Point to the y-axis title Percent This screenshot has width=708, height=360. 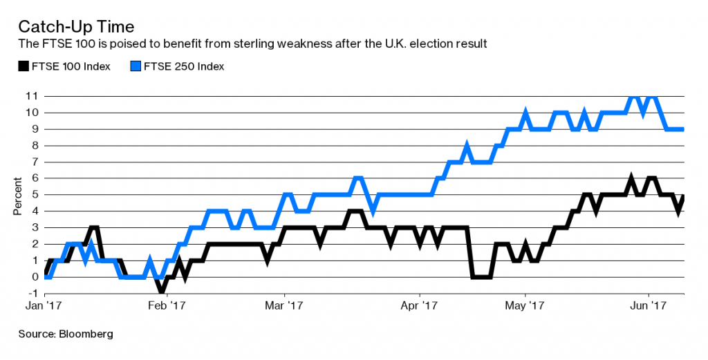click(18, 195)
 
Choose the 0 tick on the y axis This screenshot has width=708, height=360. click(34, 277)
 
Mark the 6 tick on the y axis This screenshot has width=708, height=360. click(34, 178)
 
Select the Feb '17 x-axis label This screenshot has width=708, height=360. click(168, 304)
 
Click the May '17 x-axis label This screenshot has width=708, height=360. click(526, 304)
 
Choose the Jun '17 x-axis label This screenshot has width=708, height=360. click(649, 304)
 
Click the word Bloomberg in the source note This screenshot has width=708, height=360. click(86, 334)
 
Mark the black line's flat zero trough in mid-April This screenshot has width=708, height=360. click(481, 277)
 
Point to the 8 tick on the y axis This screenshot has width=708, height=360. click(34, 145)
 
